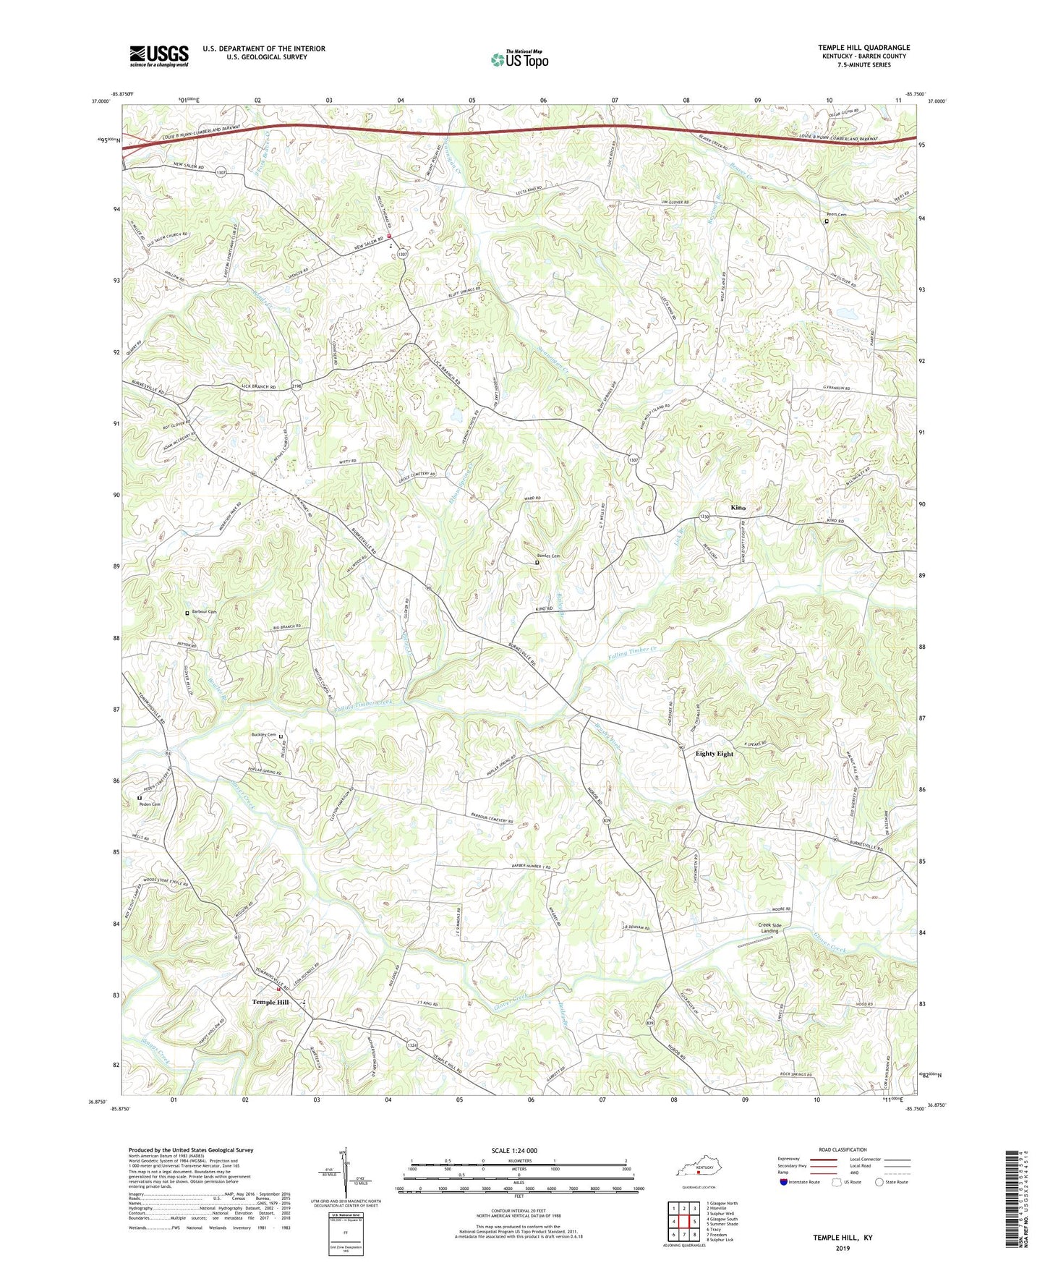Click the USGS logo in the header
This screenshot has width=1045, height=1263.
159,56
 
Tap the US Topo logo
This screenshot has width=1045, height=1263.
519,60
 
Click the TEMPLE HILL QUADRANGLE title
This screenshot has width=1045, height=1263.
863,48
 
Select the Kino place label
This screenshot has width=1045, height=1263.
738,508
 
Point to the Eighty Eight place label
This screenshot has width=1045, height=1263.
714,754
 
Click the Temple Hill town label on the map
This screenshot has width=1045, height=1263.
270,1002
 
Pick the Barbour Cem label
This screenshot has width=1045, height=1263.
203,612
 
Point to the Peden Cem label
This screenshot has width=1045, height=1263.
150,804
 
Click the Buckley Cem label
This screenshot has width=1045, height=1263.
263,735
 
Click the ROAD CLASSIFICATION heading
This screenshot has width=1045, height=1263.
843,1149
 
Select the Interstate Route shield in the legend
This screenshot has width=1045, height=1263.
785,1182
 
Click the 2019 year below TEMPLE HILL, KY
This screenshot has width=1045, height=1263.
843,1248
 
